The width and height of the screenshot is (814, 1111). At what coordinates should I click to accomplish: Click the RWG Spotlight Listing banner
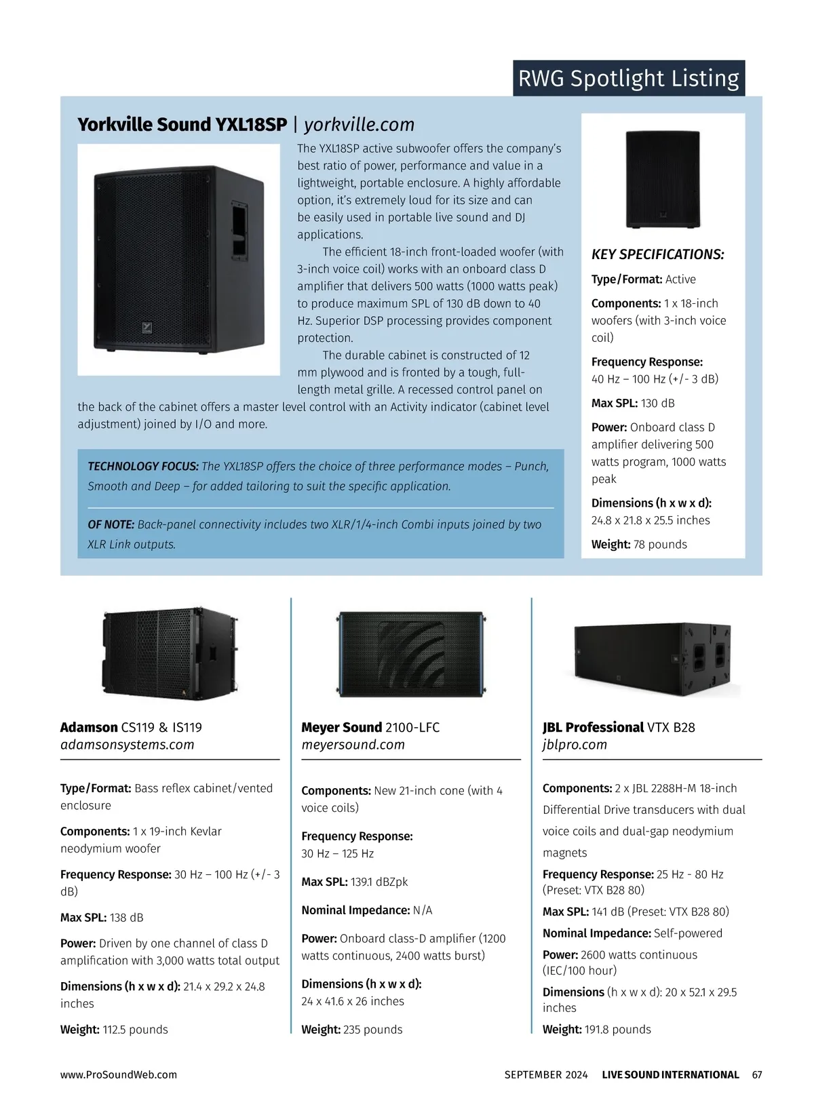(628, 78)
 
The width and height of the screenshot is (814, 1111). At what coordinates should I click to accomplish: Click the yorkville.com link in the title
(359, 125)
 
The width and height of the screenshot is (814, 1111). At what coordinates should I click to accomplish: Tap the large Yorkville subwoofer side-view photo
(178, 259)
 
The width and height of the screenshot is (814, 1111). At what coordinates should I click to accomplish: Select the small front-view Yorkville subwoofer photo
(663, 178)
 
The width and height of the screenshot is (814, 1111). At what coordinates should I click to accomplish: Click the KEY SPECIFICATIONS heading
(657, 254)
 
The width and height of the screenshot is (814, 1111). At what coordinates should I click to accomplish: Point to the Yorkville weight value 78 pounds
(659, 544)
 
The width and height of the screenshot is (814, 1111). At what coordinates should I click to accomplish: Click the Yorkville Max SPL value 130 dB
(657, 403)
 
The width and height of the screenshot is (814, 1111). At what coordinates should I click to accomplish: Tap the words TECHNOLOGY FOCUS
(143, 466)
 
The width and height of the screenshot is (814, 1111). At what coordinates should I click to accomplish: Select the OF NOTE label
(111, 524)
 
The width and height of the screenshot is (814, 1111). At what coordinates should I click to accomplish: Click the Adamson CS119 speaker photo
(170, 653)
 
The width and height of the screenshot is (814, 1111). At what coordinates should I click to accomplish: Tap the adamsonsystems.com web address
(127, 745)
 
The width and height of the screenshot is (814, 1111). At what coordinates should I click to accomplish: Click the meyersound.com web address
(353, 745)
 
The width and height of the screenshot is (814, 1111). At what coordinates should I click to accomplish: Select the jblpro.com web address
(575, 745)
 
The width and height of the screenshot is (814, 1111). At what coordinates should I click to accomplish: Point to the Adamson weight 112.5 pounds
(135, 1029)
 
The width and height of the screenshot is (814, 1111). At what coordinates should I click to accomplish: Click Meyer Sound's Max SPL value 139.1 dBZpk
(379, 882)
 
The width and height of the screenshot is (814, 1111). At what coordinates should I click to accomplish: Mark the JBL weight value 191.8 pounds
(617, 1029)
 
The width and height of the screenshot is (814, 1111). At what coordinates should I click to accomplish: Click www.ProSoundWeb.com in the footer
(119, 1074)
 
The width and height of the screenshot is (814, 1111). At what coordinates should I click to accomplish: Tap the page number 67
(757, 1074)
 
